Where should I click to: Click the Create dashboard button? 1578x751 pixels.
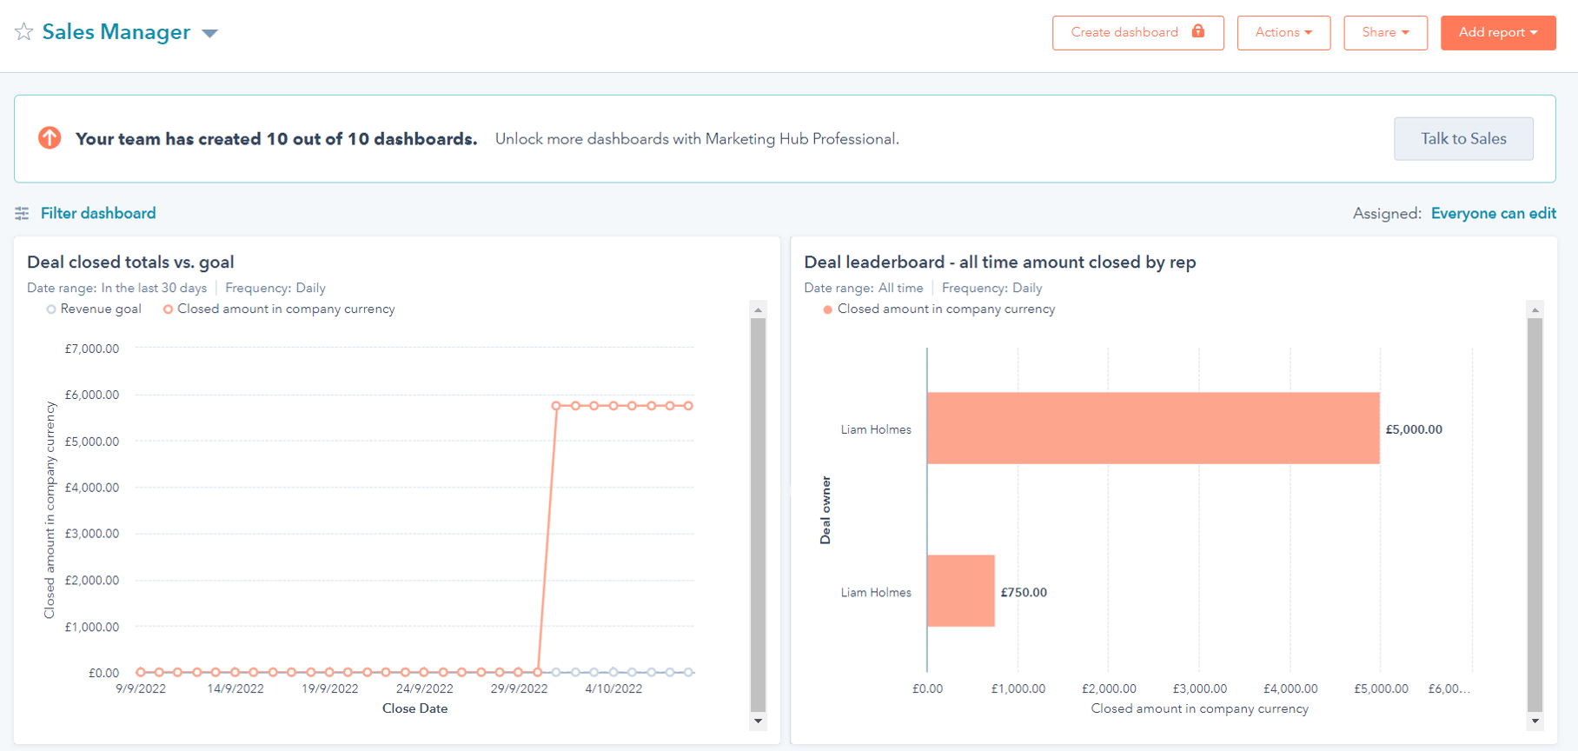[1137, 33]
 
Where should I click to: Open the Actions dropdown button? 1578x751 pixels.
[1283, 33]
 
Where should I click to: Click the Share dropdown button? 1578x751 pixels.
[1384, 33]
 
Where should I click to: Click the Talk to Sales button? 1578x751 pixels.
[1462, 139]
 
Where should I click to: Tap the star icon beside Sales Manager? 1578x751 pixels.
[24, 32]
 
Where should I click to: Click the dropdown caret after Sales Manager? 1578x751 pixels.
[209, 34]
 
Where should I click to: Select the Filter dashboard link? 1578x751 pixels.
[97, 214]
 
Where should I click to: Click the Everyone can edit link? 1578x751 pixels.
[1493, 214]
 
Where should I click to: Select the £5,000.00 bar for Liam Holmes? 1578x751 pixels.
[1152, 429]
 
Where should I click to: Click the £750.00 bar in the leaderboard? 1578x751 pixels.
[960, 591]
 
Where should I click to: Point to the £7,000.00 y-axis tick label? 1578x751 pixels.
[92, 349]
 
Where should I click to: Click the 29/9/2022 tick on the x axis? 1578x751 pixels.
[519, 688]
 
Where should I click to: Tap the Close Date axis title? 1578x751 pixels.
[414, 708]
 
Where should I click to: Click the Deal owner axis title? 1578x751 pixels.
[825, 510]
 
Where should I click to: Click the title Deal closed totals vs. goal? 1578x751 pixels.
[130, 263]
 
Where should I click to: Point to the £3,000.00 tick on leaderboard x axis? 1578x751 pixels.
[1199, 688]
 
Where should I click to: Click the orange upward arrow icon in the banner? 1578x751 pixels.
[50, 138]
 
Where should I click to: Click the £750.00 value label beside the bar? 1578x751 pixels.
[1023, 593]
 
